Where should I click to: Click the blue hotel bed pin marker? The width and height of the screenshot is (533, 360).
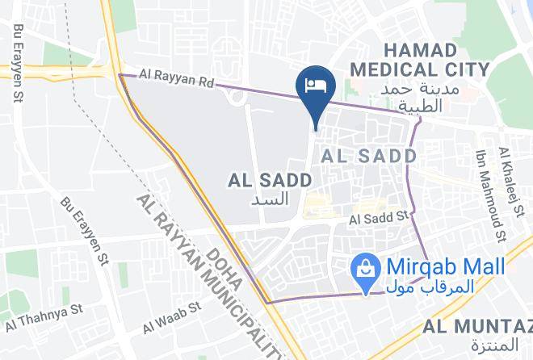point(313,84)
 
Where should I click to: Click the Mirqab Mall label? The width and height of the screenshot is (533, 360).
point(445,267)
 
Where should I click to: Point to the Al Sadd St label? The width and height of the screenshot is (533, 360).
point(380,217)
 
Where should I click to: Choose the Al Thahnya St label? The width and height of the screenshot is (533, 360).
point(45,317)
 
